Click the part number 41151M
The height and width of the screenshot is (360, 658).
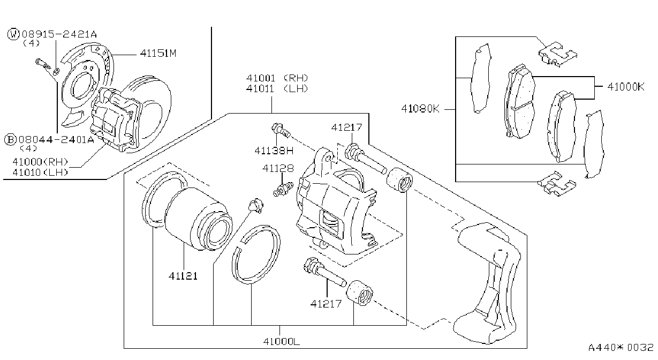(158, 53)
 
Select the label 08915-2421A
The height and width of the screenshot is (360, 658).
(59, 34)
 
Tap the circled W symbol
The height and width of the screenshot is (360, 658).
(13, 34)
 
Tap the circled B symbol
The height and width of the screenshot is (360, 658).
(11, 139)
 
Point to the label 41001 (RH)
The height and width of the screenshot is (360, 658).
(277, 78)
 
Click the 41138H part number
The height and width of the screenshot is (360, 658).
(274, 151)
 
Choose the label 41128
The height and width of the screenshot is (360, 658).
(278, 168)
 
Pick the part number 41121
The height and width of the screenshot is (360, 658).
(183, 276)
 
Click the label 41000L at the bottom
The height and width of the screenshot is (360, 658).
(282, 341)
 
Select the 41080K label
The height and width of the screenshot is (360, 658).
(420, 109)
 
